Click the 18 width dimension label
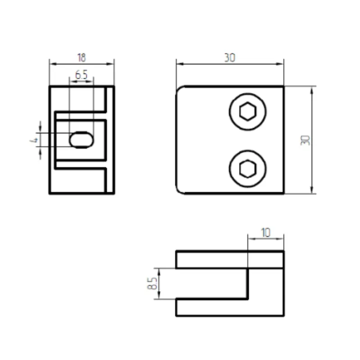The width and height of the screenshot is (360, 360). (x=81, y=58)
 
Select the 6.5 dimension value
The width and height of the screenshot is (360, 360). (x=81, y=75)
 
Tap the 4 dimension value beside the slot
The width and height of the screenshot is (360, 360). (x=33, y=140)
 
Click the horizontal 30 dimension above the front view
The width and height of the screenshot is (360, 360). (x=229, y=58)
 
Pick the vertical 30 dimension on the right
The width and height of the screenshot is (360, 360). (x=306, y=140)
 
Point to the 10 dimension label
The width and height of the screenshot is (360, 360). (x=266, y=233)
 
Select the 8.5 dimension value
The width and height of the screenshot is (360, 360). (x=152, y=283)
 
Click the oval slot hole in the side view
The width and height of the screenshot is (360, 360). (x=81, y=140)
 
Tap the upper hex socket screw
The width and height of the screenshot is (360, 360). (x=247, y=111)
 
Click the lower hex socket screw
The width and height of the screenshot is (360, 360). (x=247, y=169)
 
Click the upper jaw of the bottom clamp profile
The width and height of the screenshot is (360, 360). (x=229, y=260)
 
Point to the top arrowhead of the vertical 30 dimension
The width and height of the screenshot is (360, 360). (x=311, y=89)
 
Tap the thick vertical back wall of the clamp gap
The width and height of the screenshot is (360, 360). (x=247, y=283)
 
